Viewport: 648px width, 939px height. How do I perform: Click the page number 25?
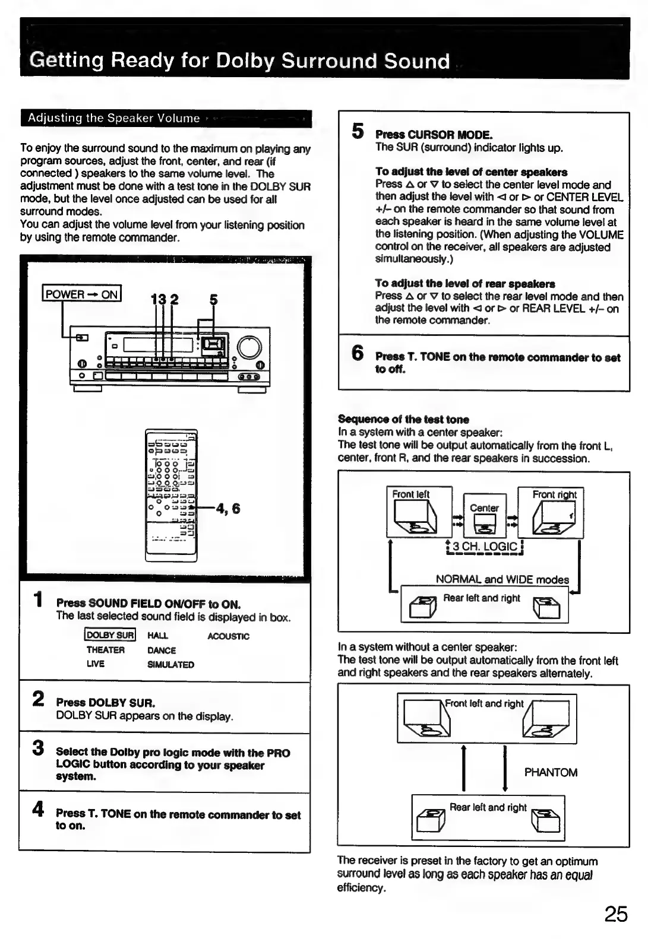(x=616, y=913)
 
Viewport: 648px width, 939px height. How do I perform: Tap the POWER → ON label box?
(x=82, y=294)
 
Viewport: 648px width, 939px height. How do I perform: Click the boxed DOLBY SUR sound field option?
(x=110, y=635)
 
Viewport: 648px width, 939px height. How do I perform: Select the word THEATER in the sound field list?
(x=106, y=650)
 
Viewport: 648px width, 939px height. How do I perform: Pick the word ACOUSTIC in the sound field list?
(x=229, y=636)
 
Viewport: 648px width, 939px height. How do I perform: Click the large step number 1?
(x=39, y=599)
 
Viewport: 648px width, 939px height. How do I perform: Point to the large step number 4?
(x=38, y=808)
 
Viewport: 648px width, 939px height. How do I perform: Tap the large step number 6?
(x=358, y=353)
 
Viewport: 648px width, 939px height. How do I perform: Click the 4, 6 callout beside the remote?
(x=229, y=509)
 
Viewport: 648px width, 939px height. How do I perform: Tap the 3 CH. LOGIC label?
(x=485, y=547)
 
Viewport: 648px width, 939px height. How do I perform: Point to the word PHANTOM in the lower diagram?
(x=551, y=772)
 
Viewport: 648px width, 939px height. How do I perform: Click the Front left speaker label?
(x=410, y=494)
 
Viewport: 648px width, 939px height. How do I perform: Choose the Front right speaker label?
(x=555, y=494)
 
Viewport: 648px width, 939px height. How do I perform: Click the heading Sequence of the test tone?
(x=403, y=419)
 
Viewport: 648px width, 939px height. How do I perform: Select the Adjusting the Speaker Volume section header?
(x=114, y=118)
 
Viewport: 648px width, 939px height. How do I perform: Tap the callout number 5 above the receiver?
(x=214, y=300)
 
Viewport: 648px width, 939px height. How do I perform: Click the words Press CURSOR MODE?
(x=434, y=135)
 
